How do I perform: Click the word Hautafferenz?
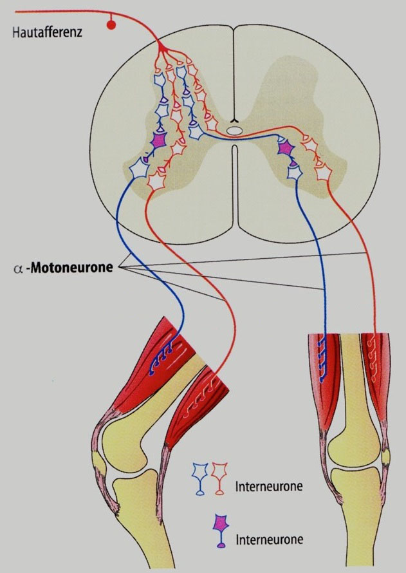(x=47, y=32)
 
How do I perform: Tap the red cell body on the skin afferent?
(x=112, y=24)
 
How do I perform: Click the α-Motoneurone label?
(x=63, y=268)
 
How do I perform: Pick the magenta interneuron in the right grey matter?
(x=286, y=149)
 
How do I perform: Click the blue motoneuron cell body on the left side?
(x=139, y=169)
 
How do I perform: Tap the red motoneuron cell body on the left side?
(x=158, y=181)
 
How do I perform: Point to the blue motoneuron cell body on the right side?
(x=294, y=172)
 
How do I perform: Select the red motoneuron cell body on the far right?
(x=323, y=173)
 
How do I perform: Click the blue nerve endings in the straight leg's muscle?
(x=322, y=359)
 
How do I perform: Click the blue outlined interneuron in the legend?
(x=200, y=478)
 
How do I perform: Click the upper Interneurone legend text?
(x=269, y=486)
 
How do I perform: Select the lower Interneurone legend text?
(x=270, y=540)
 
